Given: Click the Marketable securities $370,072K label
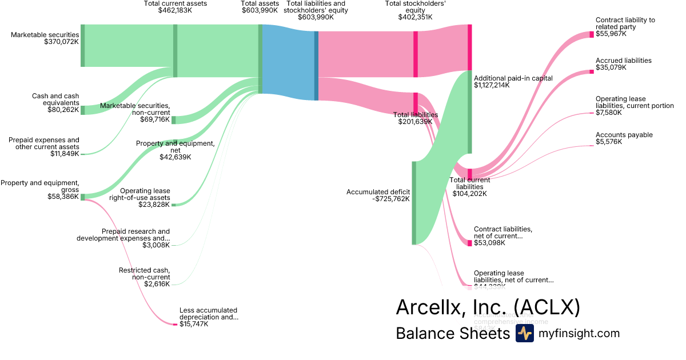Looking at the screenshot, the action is pyautogui.click(x=45, y=38).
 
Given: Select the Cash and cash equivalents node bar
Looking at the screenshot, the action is pyautogui.click(x=82, y=110).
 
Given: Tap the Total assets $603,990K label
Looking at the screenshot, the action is pyautogui.click(x=260, y=7).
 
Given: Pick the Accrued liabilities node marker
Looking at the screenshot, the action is pyautogui.click(x=591, y=71).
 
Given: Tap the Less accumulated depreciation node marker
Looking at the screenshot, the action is pyautogui.click(x=175, y=325).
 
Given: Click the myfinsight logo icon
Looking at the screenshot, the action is pyautogui.click(x=524, y=333).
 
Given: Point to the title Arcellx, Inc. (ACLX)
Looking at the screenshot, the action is pyautogui.click(x=488, y=307).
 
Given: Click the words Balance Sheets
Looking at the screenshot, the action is pyautogui.click(x=452, y=334).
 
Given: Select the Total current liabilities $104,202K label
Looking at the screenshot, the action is pyautogui.click(x=471, y=187).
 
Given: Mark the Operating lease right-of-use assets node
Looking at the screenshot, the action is pyautogui.click(x=174, y=204).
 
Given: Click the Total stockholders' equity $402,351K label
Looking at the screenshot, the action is pyautogui.click(x=415, y=10).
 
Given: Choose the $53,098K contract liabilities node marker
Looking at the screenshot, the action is pyautogui.click(x=469, y=243).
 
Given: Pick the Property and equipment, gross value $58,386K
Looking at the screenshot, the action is pyautogui.click(x=63, y=197).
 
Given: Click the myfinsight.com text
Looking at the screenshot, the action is pyautogui.click(x=579, y=334).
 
